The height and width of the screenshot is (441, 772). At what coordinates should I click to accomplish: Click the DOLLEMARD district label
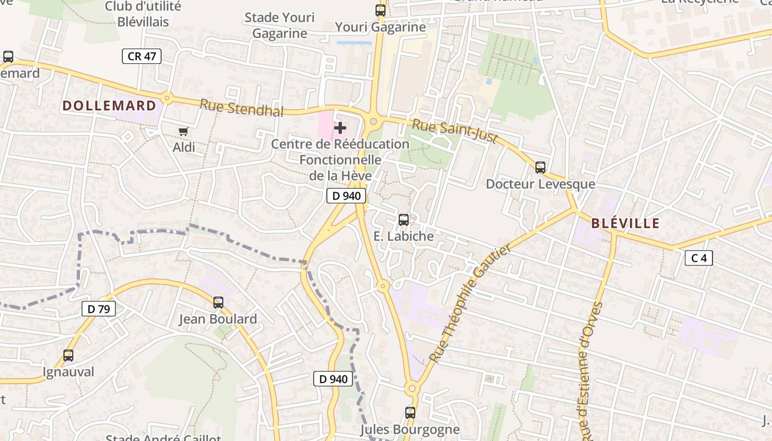pos(109,106)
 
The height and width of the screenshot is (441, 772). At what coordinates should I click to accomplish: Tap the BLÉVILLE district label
pos(625,223)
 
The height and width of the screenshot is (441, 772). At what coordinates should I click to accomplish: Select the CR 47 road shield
pos(142,56)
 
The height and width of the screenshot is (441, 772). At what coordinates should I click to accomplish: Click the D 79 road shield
pos(99,309)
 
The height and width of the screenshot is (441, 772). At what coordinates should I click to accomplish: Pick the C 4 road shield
pos(699,257)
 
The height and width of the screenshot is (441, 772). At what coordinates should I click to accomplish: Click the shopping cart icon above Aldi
pos(183,131)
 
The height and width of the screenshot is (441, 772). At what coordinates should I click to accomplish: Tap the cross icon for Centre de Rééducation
pos(340,128)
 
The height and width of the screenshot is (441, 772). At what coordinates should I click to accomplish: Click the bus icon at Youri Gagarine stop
pos(380,10)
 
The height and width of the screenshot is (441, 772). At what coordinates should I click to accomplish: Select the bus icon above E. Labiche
pos(404,219)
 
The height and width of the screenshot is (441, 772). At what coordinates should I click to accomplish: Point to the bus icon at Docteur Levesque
pos(540,168)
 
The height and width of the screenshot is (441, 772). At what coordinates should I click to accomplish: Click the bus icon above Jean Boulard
pos(218,302)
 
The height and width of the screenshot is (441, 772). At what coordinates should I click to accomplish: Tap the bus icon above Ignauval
pos(68,356)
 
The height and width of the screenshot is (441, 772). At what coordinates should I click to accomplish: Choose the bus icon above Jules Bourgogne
pos(410,412)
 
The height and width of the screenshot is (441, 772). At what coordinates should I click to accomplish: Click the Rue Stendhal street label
pos(242,108)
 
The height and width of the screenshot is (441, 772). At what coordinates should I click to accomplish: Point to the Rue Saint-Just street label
pos(455,132)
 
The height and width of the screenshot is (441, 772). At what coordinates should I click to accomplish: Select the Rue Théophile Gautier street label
pos(470,303)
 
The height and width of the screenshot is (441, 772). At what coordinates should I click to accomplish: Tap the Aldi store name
pos(184,147)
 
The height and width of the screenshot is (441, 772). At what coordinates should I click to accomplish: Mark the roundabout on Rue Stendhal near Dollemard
pos(167,99)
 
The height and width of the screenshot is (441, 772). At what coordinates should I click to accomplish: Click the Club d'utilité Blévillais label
pos(143,14)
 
